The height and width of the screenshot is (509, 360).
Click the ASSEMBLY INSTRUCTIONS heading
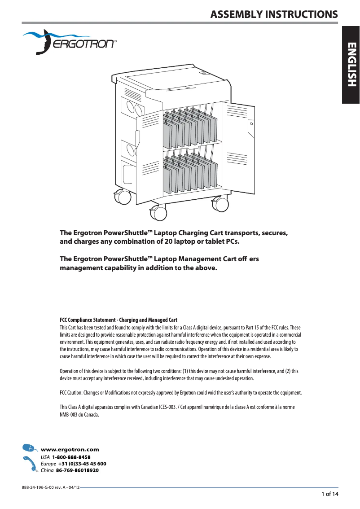click(274, 14)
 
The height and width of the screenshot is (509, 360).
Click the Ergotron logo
click(70, 42)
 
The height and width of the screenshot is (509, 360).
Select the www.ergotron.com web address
click(70, 449)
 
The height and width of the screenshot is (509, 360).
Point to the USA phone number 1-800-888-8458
click(71, 457)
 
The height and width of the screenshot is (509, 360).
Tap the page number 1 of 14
click(329, 494)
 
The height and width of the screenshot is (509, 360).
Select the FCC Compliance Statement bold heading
click(119, 320)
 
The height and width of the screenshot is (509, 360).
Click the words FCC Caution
click(70, 393)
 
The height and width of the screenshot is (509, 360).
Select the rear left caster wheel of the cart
click(121, 197)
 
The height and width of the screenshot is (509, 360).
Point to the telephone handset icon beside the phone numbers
click(29, 464)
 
